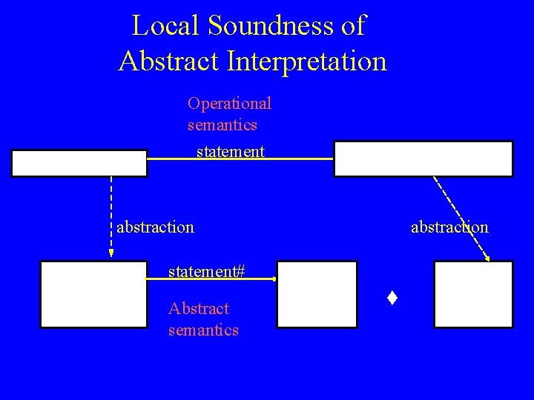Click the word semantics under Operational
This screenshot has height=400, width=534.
[222, 124]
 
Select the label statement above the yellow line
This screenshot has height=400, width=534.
[230, 152]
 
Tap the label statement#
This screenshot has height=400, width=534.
[207, 271]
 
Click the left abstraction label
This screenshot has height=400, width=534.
[155, 226]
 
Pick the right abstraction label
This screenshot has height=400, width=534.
[449, 227]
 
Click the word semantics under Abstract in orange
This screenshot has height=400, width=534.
[204, 330]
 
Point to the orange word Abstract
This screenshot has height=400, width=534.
[199, 308]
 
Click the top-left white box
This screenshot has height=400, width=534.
[79, 163]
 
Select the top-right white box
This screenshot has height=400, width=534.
[423, 159]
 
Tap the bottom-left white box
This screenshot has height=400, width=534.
[94, 294]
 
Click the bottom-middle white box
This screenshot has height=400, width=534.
[317, 294]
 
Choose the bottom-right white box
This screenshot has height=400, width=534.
[473, 294]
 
